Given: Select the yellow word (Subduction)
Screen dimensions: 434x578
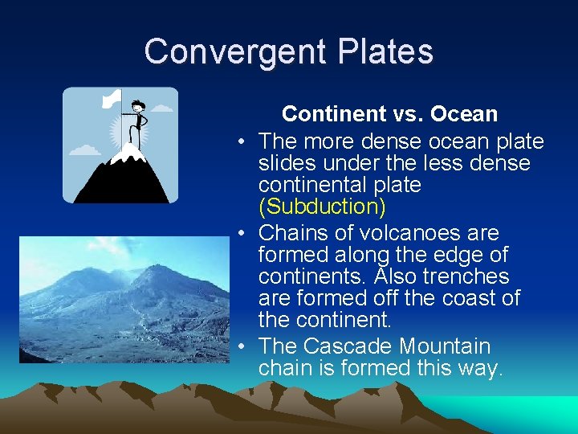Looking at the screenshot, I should (x=322, y=207).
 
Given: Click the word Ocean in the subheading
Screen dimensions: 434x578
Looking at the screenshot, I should (x=464, y=114).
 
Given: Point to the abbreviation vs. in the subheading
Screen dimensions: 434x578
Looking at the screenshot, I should (x=405, y=114).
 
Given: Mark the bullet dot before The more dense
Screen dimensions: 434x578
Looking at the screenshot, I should (x=242, y=142).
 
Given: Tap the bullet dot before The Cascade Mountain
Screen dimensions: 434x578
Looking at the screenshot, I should (x=242, y=347).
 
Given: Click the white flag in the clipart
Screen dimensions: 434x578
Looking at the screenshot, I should (x=112, y=99).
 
